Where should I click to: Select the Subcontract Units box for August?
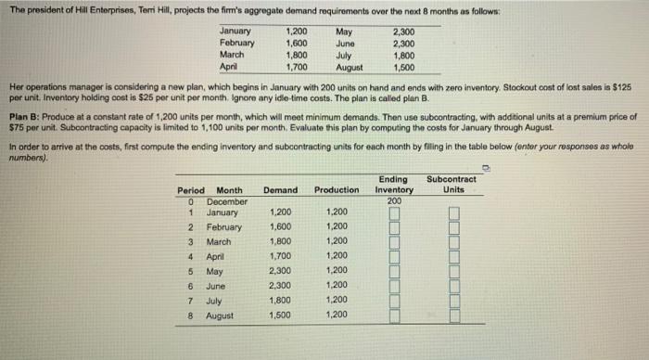tap(454, 316)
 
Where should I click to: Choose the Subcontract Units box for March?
tap(454, 242)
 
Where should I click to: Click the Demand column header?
tap(280, 190)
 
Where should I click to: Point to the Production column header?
tap(336, 190)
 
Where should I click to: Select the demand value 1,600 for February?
tap(281, 227)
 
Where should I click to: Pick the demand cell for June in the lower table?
tap(281, 286)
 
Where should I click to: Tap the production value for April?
tap(336, 256)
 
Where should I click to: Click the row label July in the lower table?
tap(215, 301)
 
